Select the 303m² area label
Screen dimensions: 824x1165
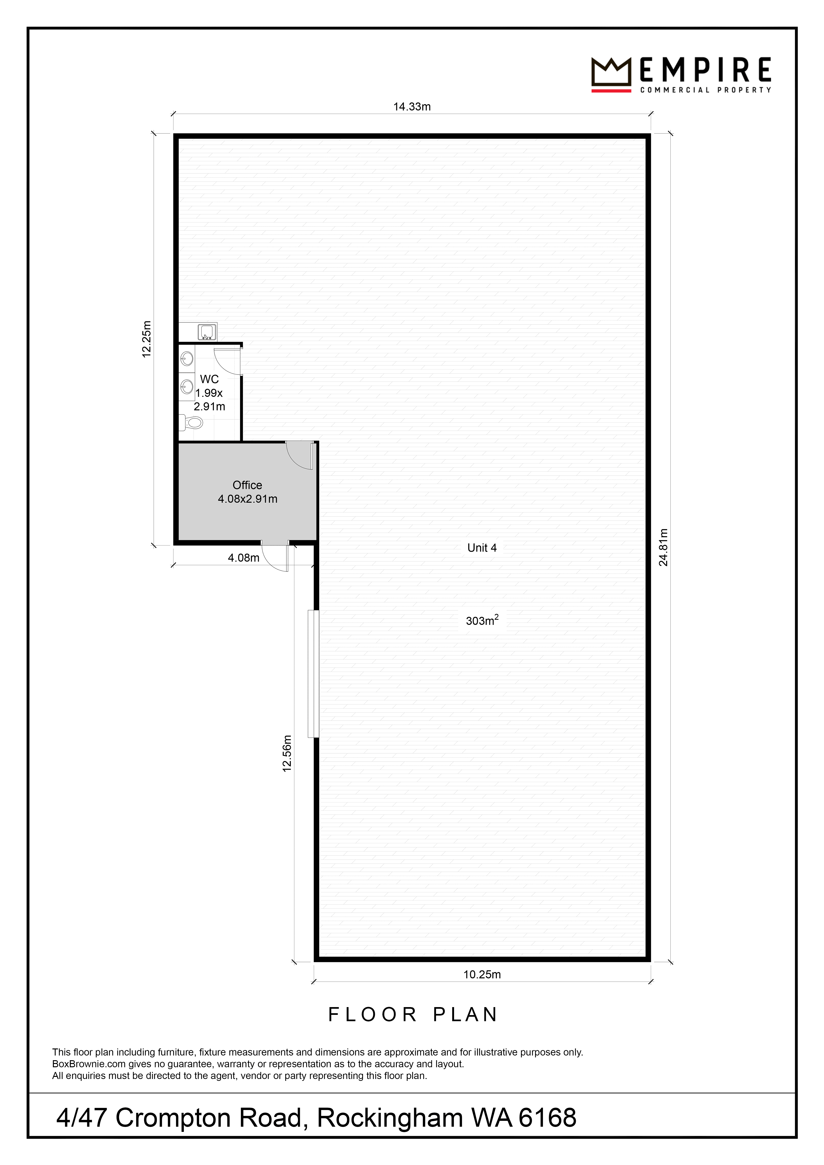coord(482,620)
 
